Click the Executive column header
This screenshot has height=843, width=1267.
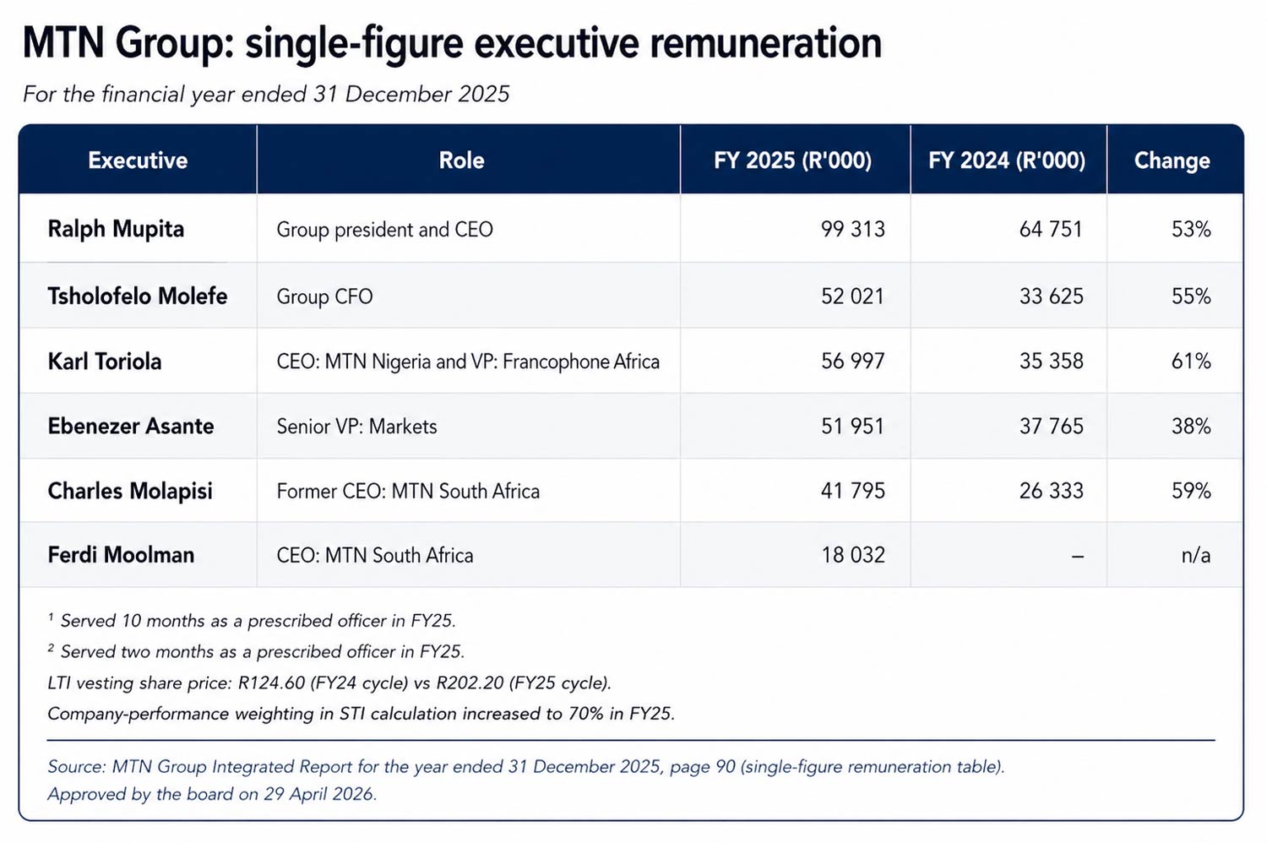coord(138,160)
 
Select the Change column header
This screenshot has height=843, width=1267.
coord(1172,160)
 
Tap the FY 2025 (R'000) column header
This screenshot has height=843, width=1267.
coord(792,160)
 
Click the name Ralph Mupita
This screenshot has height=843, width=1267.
coord(116,229)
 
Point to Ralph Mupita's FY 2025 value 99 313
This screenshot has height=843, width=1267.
coord(852,229)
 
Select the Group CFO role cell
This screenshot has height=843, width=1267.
coord(324,296)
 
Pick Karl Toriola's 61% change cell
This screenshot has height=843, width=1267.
coord(1190,362)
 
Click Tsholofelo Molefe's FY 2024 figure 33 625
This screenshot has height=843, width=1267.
coord(1051,296)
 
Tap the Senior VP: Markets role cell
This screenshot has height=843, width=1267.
coord(356,427)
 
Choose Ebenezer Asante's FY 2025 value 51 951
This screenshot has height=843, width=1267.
coord(852,427)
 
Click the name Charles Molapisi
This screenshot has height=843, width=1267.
coord(130,491)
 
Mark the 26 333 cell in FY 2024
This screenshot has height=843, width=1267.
coord(1051,491)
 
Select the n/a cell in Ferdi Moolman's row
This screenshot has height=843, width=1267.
coord(1195,555)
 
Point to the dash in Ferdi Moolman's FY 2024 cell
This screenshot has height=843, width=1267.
coord(1077,556)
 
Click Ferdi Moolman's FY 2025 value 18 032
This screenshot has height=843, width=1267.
coord(852,555)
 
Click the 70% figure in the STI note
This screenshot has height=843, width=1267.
coord(585,714)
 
